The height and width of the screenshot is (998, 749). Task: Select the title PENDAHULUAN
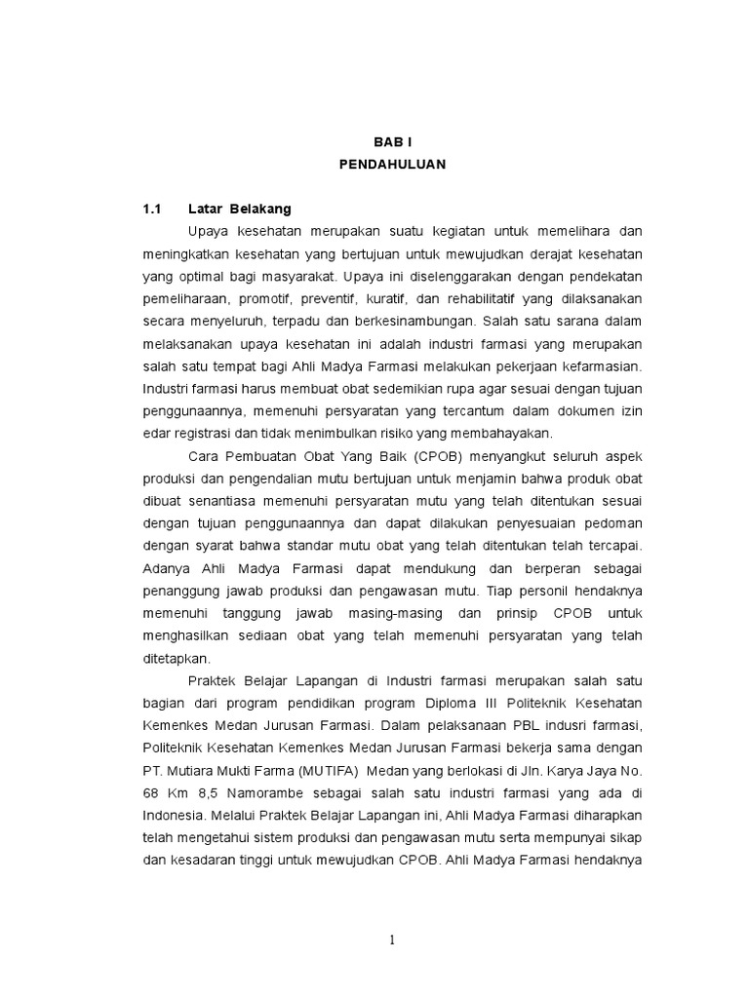(392, 165)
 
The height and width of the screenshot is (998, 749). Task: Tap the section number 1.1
(152, 209)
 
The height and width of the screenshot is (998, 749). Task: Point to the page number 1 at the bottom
(392, 940)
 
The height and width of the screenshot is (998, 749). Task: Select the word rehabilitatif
(471, 298)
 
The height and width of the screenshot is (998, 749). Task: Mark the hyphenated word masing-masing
(401, 613)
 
